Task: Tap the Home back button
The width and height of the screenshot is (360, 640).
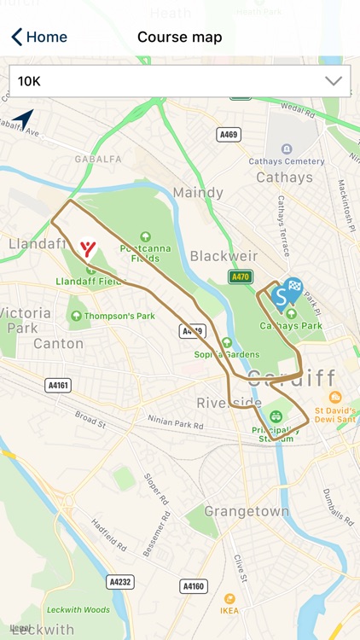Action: [x=38, y=37]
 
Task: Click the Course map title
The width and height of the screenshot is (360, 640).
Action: [x=180, y=37]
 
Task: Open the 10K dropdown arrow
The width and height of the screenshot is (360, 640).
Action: [x=333, y=81]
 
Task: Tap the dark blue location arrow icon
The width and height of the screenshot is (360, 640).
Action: [x=23, y=119]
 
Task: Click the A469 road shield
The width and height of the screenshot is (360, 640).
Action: [x=229, y=133]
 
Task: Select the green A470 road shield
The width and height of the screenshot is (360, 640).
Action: [x=241, y=276]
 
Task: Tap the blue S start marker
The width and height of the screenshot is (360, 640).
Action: [x=279, y=296]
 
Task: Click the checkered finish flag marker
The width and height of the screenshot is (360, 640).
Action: [x=294, y=288]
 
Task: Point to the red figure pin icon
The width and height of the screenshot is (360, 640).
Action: [x=86, y=248]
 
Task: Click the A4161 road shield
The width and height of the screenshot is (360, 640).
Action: [x=58, y=385]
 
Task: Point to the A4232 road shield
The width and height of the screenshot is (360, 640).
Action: [x=119, y=581]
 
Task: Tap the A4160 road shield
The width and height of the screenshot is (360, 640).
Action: [x=194, y=586]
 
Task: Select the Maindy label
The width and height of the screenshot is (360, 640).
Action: [x=197, y=193]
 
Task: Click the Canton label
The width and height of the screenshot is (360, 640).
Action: [x=58, y=344]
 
